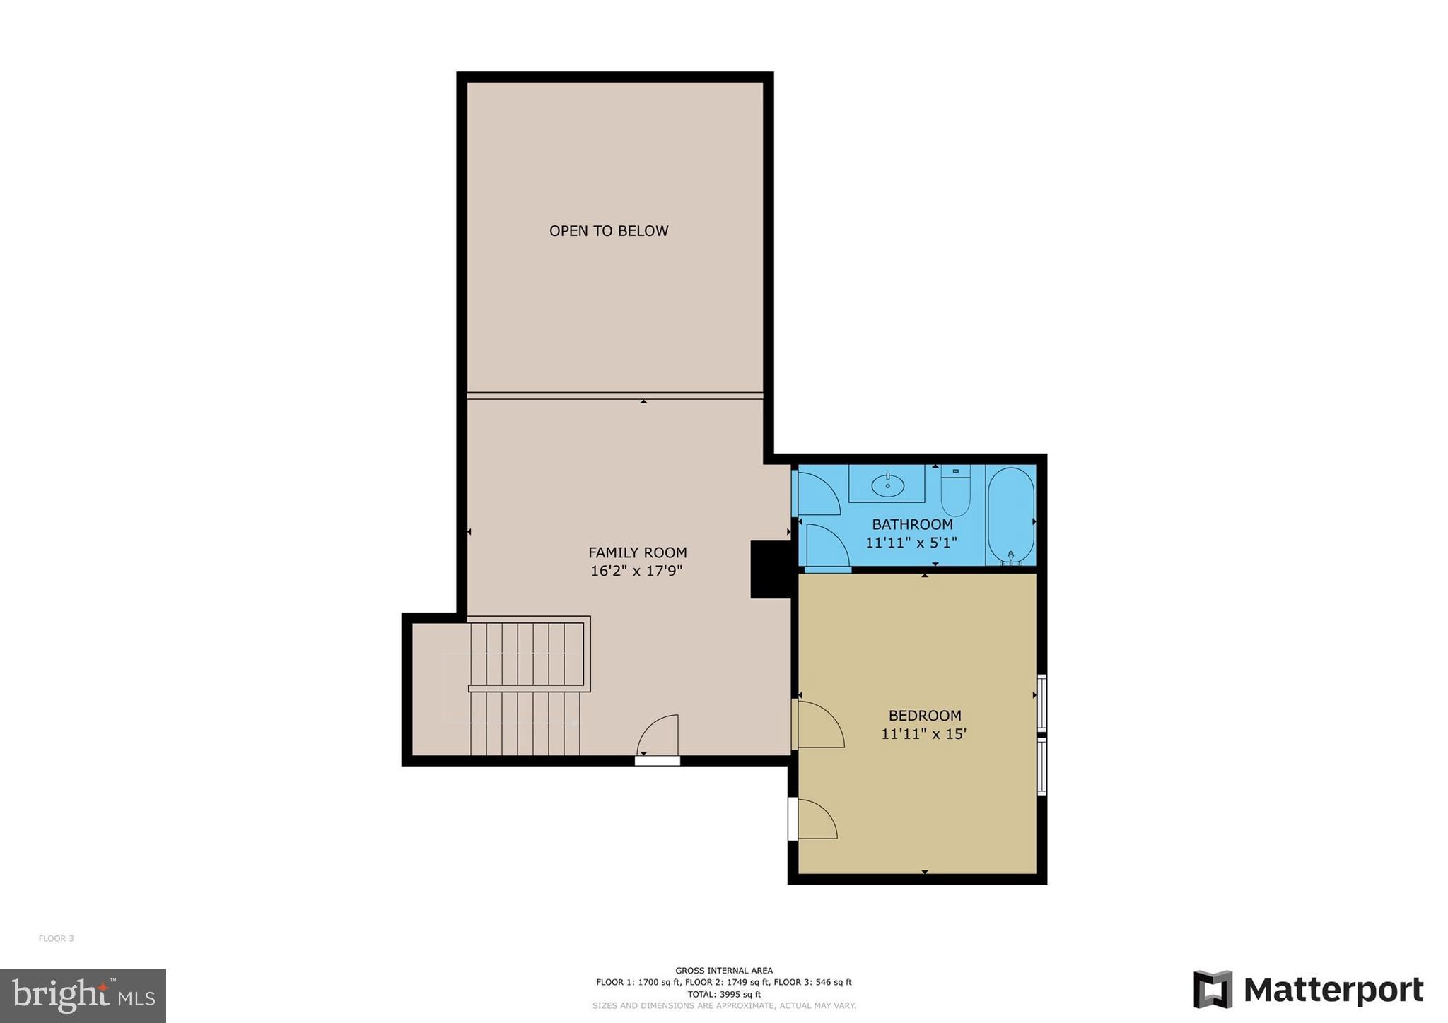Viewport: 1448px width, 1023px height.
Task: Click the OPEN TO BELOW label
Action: click(608, 231)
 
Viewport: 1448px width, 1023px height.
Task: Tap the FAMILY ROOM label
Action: click(637, 552)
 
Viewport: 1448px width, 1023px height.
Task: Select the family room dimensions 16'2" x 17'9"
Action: click(636, 571)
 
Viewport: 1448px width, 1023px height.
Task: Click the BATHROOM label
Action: click(911, 524)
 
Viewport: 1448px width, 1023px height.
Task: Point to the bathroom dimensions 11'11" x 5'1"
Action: click(911, 543)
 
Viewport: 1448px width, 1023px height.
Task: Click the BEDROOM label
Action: click(924, 716)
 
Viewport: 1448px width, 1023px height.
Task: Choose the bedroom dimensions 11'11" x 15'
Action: click(923, 734)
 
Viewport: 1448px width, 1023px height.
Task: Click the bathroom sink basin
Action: click(887, 485)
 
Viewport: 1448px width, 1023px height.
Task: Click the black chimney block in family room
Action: click(770, 569)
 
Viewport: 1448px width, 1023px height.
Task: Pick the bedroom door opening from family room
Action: click(819, 724)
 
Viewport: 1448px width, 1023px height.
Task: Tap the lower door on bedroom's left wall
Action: click(815, 820)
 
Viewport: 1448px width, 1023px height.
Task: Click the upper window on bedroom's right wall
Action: click(1041, 702)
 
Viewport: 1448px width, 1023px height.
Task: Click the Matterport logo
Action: click(1308, 990)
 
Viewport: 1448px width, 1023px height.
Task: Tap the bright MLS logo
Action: click(83, 995)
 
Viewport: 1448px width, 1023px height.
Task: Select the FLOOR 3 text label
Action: click(56, 938)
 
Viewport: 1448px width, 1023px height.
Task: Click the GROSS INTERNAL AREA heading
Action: click(723, 971)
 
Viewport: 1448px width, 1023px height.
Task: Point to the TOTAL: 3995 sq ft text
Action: click(723, 994)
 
